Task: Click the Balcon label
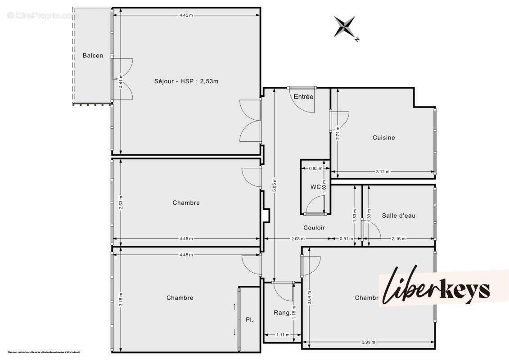tap(93, 56)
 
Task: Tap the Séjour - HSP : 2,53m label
tap(186, 81)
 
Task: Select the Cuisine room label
tap(383, 138)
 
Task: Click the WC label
tap(315, 186)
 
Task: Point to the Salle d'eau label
tap(398, 216)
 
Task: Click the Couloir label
tap(314, 228)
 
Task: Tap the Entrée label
tap(303, 97)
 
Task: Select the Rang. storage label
tap(282, 312)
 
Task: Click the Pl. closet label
tap(249, 320)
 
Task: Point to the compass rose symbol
tap(345, 27)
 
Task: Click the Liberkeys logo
tap(437, 288)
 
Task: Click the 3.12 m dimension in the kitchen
tap(383, 171)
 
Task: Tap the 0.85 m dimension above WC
tap(315, 169)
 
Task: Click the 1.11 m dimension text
tap(282, 335)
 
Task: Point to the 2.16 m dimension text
tap(398, 238)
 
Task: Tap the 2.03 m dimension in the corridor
tap(297, 238)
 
